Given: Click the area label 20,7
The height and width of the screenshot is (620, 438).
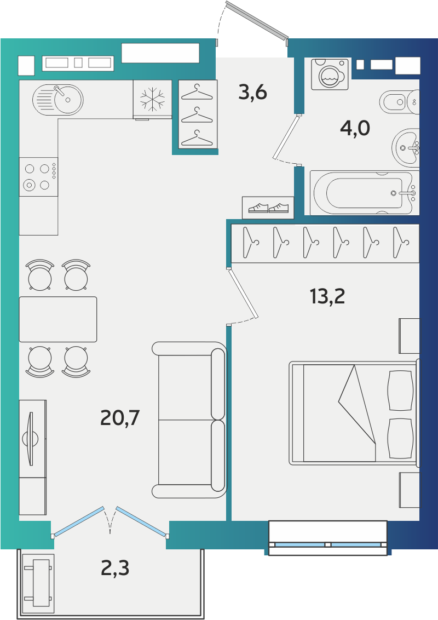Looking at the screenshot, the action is (120, 417).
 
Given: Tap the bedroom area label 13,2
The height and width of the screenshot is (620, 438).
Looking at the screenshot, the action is (327, 296).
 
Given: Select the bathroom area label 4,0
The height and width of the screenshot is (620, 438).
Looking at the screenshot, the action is (355, 128).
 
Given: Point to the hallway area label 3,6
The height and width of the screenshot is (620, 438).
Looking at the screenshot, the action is (253, 92).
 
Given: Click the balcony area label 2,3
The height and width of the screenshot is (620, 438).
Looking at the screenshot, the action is (115, 568).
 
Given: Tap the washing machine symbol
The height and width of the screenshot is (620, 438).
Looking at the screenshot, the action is (330, 74).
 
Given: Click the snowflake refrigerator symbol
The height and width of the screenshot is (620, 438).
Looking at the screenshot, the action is (153, 99).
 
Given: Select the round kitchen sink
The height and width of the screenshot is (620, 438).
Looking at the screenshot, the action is (57, 99).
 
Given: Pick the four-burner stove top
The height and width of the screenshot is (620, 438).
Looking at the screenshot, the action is (38, 177).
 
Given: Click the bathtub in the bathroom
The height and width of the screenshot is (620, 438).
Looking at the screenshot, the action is (365, 193).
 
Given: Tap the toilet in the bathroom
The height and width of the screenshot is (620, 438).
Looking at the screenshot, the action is (399, 102).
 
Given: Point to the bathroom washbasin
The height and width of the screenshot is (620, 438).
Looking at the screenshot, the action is (406, 148).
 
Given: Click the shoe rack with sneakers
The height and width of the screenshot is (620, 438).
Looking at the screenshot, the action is (268, 208).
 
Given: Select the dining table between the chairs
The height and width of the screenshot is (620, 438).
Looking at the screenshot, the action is (58, 319).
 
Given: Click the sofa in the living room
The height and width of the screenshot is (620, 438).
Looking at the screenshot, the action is (189, 420).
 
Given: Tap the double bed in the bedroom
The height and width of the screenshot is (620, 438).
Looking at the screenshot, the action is (354, 412).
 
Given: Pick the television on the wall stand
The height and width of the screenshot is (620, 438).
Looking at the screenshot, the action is (31, 439).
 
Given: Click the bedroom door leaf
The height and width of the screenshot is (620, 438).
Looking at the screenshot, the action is (243, 293).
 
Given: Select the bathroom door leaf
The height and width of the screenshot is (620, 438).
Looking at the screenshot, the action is (287, 136).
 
